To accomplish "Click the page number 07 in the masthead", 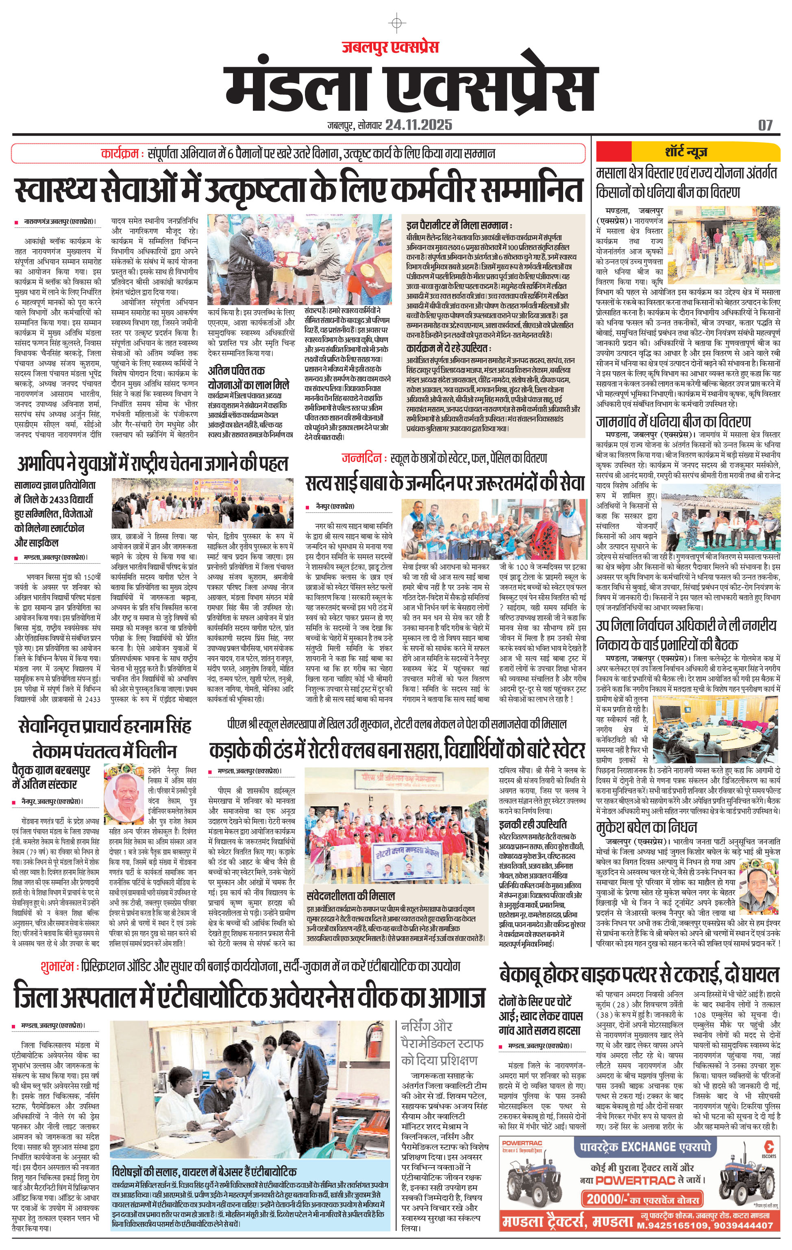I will click(765, 125).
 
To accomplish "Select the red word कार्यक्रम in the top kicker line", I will click(120, 153).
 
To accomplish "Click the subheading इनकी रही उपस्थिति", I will click(533, 824).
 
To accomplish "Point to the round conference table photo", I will click(716, 726).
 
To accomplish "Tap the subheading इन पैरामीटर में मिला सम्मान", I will click(459, 226).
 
